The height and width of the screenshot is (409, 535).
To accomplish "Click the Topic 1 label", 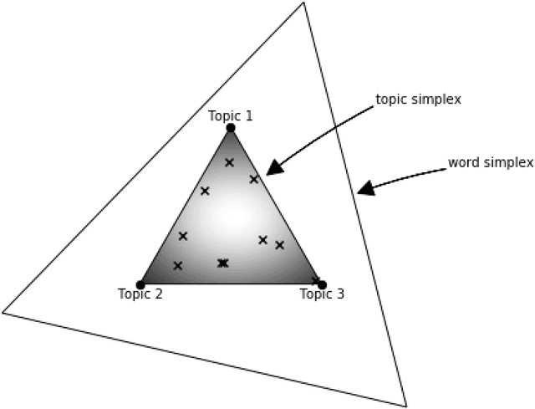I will (230, 115).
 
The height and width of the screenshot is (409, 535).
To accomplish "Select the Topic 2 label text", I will (140, 294).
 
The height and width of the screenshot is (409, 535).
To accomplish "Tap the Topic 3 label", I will (322, 294).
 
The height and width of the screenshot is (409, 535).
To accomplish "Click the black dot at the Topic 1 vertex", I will (231, 128).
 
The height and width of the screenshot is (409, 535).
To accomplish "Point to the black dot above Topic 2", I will (140, 284).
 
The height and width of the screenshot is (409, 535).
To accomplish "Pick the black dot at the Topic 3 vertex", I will (322, 284).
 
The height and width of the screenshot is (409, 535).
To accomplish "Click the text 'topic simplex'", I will (418, 100).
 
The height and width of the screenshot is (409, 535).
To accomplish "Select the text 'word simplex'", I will (490, 162).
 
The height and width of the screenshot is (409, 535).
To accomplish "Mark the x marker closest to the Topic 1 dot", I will (229, 162).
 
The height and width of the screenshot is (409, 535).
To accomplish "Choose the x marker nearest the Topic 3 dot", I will (315, 280).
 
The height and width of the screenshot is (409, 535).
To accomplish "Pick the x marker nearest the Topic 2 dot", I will (177, 266).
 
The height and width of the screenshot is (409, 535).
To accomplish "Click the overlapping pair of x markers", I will (222, 263).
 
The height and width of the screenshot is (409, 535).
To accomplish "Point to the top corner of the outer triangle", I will (303, 3).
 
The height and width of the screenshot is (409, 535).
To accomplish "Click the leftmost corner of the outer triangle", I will (3, 313).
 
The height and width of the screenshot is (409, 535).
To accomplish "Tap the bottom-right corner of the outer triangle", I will (406, 406).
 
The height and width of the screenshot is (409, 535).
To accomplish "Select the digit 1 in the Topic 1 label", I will (248, 115).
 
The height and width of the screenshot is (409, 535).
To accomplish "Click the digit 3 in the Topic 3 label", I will (340, 294).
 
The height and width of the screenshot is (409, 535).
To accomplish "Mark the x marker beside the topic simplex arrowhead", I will (254, 179).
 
